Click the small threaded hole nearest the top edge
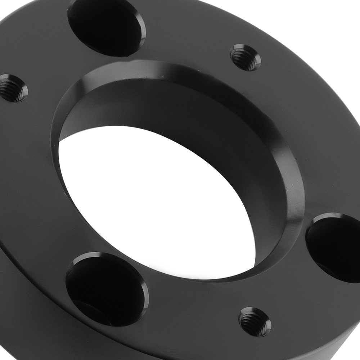click(x=245, y=57)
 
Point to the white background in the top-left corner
click(x=7, y=7)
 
